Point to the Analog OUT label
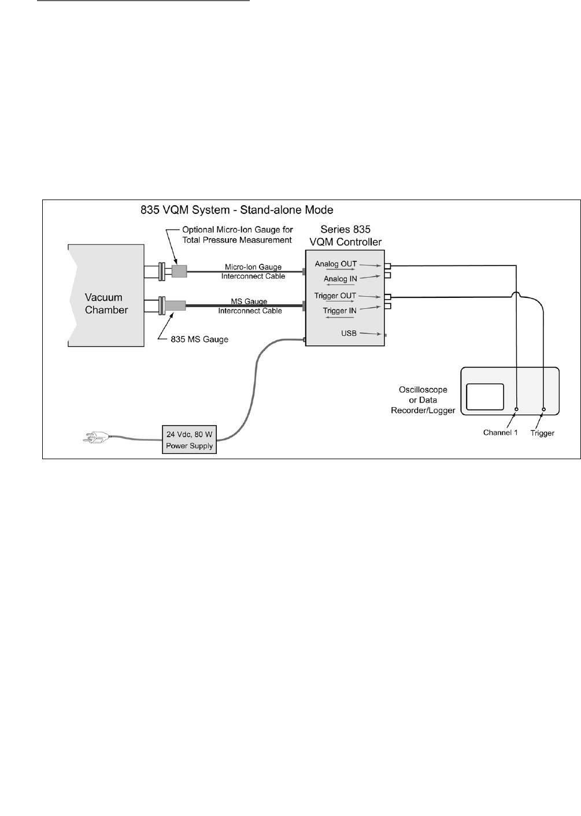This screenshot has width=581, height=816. pos(335,264)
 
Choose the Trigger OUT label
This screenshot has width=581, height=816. pos(335,296)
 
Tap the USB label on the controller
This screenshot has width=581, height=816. pos(349,334)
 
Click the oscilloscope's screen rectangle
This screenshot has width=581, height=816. pos(485,400)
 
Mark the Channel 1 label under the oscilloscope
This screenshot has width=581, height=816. pos(501,433)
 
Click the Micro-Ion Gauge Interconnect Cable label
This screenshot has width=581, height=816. pos(253,271)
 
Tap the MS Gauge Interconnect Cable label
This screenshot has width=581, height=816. pos(250,307)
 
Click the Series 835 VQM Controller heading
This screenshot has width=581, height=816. pos(346,235)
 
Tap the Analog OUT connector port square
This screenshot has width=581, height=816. pos(387,266)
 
